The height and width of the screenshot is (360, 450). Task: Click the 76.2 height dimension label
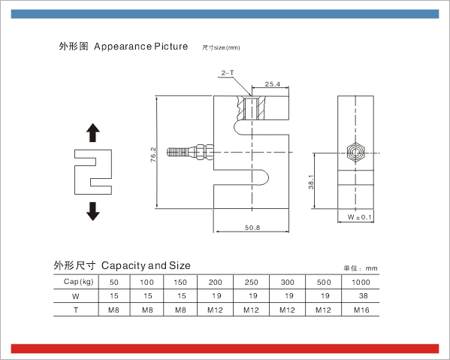tap(153, 155)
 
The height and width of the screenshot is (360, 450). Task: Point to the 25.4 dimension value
tap(273, 84)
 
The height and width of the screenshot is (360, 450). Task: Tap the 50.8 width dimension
tap(252, 228)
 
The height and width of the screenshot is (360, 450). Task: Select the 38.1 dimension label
tap(311, 182)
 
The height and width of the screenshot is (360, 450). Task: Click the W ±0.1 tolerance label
tap(359, 217)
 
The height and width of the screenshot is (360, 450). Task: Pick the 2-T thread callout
tap(228, 73)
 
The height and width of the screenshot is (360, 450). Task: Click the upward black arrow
tap(93, 132)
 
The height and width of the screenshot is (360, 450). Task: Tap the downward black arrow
tap(93, 211)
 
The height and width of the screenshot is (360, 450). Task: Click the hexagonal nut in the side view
tap(355, 152)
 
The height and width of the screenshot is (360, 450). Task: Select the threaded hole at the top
tap(252, 108)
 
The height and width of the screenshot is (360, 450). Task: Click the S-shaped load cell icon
tap(93, 172)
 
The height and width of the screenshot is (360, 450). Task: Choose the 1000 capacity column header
tap(361, 282)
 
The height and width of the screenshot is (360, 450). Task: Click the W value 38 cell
tap(364, 295)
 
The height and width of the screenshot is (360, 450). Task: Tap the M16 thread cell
tap(361, 310)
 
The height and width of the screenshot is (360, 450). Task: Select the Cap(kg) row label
tap(79, 282)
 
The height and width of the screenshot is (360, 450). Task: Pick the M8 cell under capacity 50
tap(113, 310)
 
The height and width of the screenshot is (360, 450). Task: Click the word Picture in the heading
tap(171, 46)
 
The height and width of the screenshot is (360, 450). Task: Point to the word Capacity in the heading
tap(124, 266)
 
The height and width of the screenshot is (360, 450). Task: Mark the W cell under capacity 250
tap(253, 295)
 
